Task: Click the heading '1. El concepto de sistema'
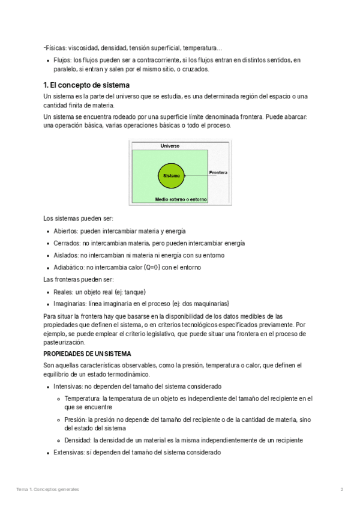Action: pyautogui.click(x=86, y=85)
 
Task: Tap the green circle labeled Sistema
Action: pyautogui.click(x=172, y=175)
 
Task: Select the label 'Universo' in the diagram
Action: pyautogui.click(x=170, y=146)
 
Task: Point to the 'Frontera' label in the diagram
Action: pyautogui.click(x=218, y=173)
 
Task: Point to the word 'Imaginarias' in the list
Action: pyautogui.click(x=69, y=304)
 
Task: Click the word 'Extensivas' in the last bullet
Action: pyautogui.click(x=69, y=452)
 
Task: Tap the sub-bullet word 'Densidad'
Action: pyautogui.click(x=77, y=440)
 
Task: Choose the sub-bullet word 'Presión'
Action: pyautogui.click(x=76, y=420)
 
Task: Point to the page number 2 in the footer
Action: pyautogui.click(x=341, y=490)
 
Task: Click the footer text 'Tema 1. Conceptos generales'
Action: pyautogui.click(x=47, y=490)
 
